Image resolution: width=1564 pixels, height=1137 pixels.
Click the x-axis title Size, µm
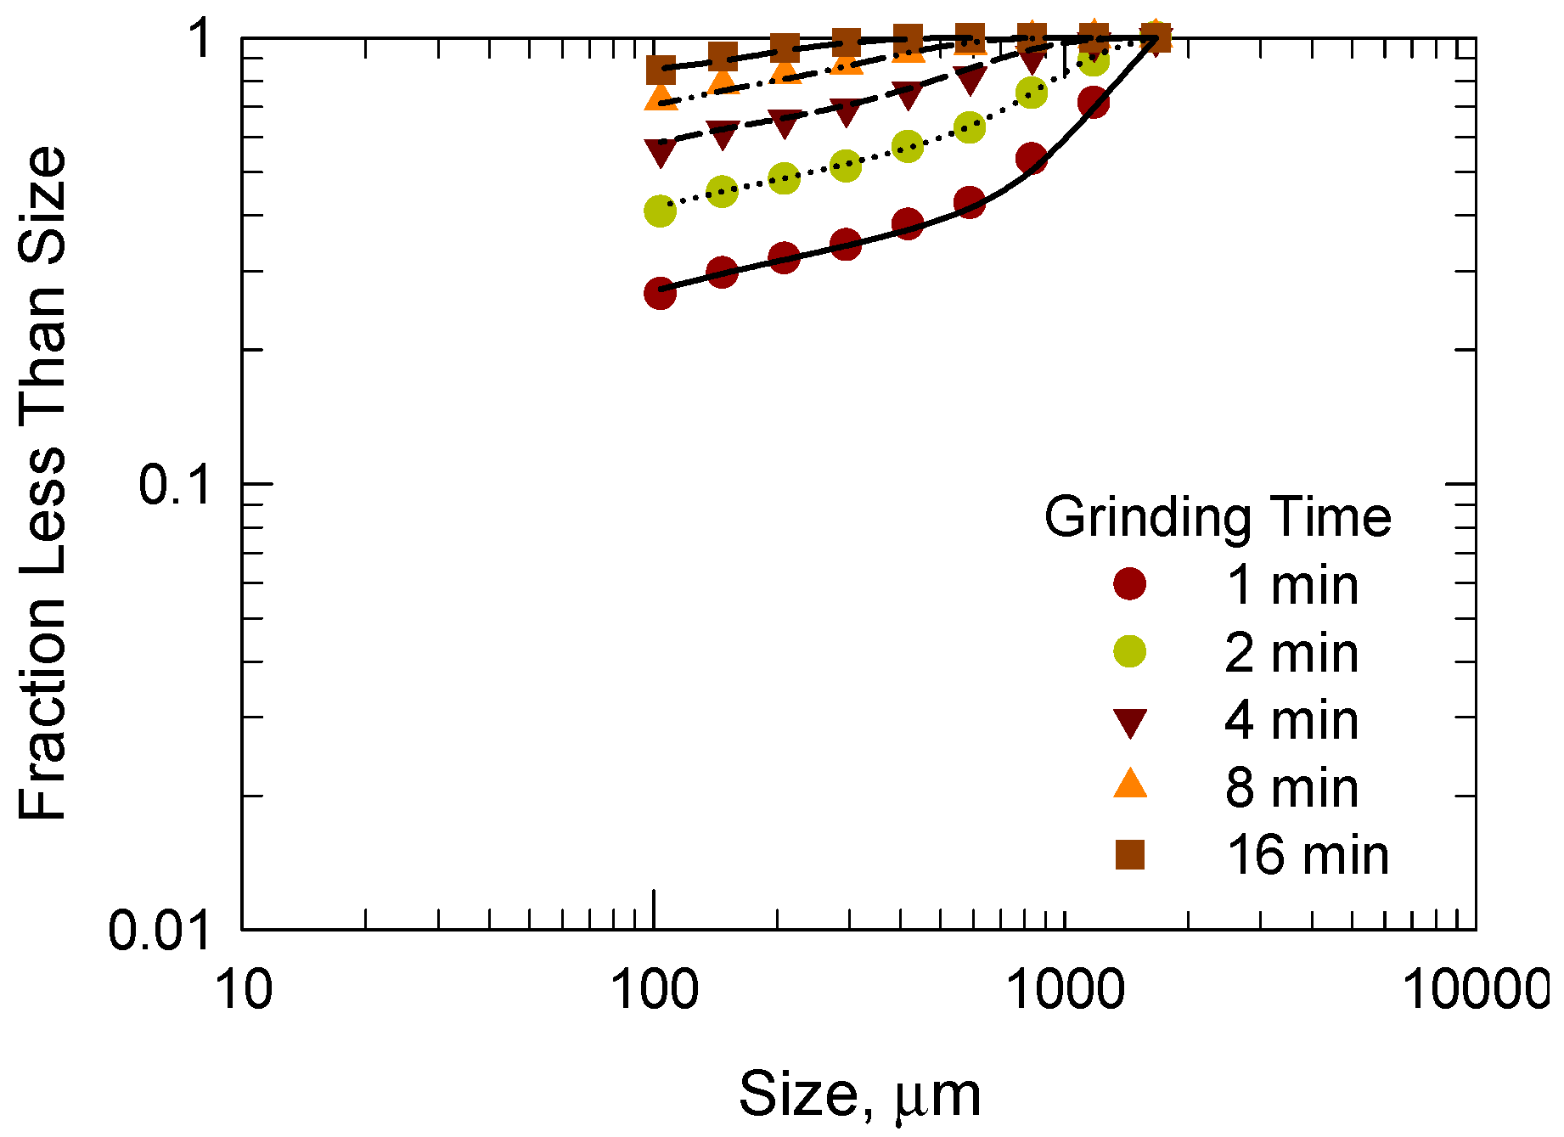coord(859,1095)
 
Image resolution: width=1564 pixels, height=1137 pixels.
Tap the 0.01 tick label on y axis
coord(160,930)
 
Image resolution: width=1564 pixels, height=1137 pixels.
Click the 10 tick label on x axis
coord(245,990)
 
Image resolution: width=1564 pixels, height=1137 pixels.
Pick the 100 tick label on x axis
coord(655,990)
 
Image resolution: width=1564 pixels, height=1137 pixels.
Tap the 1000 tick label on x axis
coord(1066,990)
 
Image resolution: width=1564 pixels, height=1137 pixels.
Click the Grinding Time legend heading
coord(1217,517)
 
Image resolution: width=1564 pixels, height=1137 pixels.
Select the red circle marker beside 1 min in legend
coord(1129,584)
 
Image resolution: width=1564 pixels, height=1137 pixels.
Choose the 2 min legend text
coord(1291,653)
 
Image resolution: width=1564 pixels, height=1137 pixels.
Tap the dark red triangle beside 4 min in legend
coord(1129,723)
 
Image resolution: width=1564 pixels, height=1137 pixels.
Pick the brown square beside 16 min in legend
coord(1129,854)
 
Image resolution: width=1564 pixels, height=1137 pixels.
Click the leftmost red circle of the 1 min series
coord(660,294)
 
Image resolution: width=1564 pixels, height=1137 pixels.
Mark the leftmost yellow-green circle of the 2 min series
coord(660,211)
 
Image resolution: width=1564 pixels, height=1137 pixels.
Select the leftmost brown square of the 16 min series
coord(660,70)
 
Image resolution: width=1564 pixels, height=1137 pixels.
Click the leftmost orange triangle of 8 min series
coord(660,99)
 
